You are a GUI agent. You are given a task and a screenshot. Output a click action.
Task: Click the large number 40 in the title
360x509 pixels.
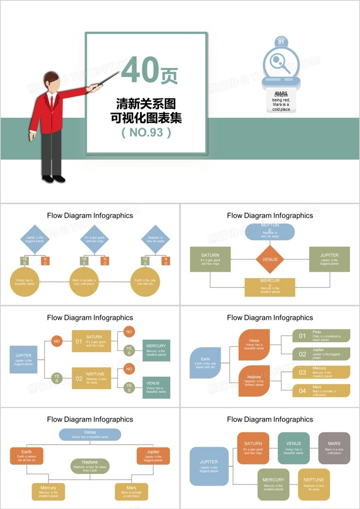pos(140,70)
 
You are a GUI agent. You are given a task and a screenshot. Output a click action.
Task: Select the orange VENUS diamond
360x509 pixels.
pos(270,259)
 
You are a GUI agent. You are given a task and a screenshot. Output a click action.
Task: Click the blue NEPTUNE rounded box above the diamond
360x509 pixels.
pos(270,231)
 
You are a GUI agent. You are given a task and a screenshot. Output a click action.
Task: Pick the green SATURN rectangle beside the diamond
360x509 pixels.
pos(210,259)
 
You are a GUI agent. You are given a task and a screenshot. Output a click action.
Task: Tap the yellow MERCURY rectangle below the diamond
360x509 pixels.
pos(270,287)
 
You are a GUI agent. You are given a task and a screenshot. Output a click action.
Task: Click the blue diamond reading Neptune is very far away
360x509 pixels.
pos(155,239)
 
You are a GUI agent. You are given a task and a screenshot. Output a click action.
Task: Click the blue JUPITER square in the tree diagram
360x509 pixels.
pos(23,359)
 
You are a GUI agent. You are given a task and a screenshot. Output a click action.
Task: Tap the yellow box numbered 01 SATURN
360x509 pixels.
pos(91,341)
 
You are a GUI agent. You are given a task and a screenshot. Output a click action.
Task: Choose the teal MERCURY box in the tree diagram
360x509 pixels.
pos(156,350)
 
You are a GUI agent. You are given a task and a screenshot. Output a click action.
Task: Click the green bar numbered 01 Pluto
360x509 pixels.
pos(321,336)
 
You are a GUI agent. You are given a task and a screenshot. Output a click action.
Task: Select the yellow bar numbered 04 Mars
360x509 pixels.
pos(321,391)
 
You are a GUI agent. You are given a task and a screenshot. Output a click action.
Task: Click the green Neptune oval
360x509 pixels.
pos(90,466)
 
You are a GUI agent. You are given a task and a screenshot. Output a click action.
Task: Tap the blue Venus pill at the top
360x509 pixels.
pos(90,434)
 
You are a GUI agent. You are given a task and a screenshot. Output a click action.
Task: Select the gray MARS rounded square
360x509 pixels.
pos(334,448)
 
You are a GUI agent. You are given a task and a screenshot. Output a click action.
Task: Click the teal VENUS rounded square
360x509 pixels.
pos(294,448)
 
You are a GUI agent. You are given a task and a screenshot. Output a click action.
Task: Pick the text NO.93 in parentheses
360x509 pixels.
pos(146,133)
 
